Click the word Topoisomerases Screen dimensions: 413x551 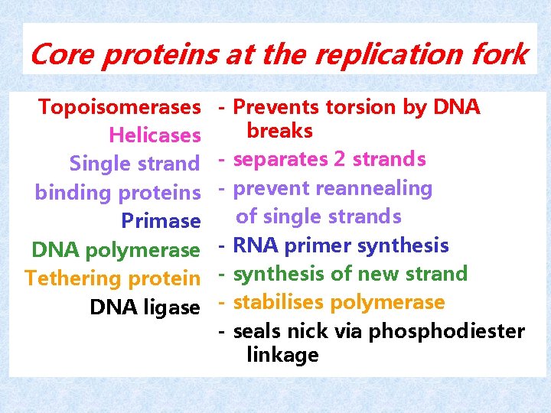pos(119,107)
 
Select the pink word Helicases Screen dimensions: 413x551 pos(155,135)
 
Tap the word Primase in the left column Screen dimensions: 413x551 pos(161,221)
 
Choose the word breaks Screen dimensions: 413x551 pos(279,131)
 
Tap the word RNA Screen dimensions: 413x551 pos(252,246)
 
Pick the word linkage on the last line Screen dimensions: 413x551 pos(282,355)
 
